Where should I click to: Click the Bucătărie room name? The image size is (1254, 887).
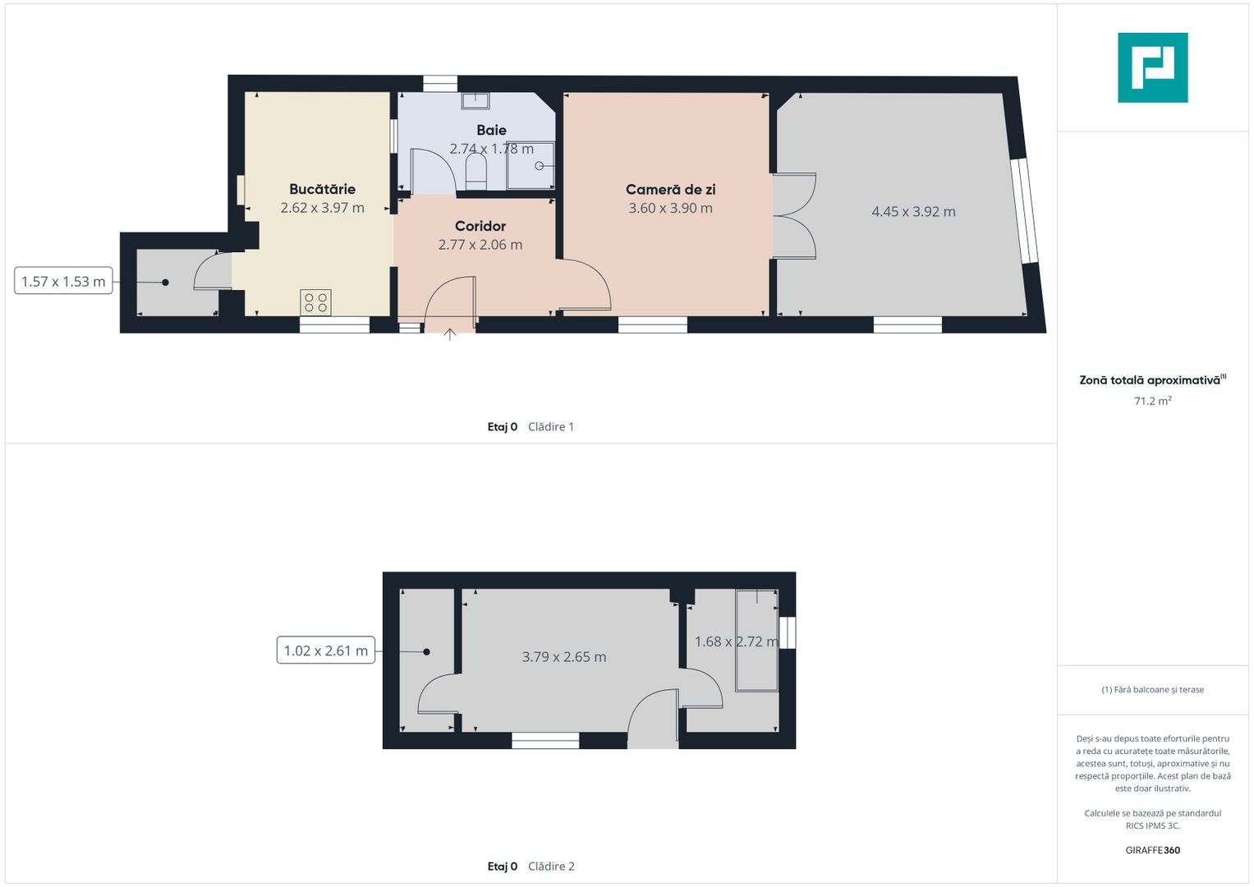[x=322, y=189]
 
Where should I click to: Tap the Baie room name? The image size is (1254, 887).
[x=492, y=130]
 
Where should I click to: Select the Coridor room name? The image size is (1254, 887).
[x=480, y=226]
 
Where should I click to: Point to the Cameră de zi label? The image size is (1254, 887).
[x=671, y=189]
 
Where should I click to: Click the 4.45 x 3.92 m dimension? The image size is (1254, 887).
[x=913, y=212]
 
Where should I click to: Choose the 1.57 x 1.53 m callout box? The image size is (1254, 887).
[x=63, y=281]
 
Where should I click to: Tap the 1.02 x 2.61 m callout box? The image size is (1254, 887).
[x=326, y=650]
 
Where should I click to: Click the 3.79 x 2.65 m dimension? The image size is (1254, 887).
[x=563, y=657]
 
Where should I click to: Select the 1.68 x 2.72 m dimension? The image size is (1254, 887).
[x=736, y=641]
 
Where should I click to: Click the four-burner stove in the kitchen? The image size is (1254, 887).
[x=315, y=302]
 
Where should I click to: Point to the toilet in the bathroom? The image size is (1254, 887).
[x=475, y=172]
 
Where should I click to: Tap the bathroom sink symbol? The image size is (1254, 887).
[x=475, y=101]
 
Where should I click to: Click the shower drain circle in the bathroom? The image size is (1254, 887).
[x=539, y=166]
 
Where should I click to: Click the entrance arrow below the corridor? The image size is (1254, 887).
[x=449, y=334]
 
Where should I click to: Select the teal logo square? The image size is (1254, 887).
[x=1153, y=67]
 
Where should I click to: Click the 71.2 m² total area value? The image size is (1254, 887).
[x=1153, y=401]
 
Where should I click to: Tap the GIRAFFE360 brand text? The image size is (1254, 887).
[x=1153, y=850]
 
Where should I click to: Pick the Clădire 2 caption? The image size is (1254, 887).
[x=551, y=866]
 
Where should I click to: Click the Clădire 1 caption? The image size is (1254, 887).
[x=551, y=427]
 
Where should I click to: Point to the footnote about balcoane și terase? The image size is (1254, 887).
[x=1153, y=690]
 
